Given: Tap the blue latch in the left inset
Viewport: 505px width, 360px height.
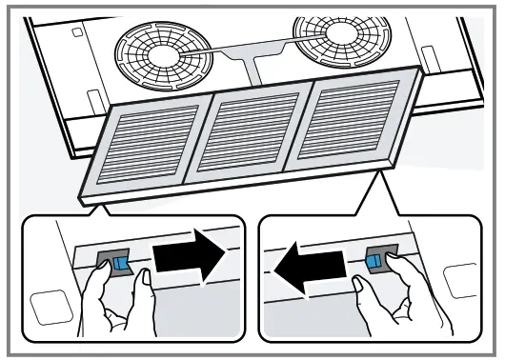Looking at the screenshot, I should coord(120,264).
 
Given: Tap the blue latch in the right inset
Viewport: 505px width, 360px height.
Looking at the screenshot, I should coord(375,259).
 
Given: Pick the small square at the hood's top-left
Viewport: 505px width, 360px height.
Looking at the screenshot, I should coord(75,31).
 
